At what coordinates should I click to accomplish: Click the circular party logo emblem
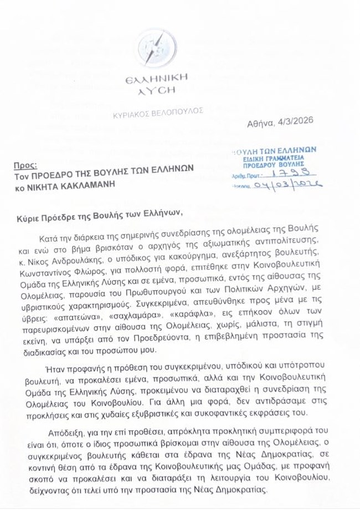point(156,48)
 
